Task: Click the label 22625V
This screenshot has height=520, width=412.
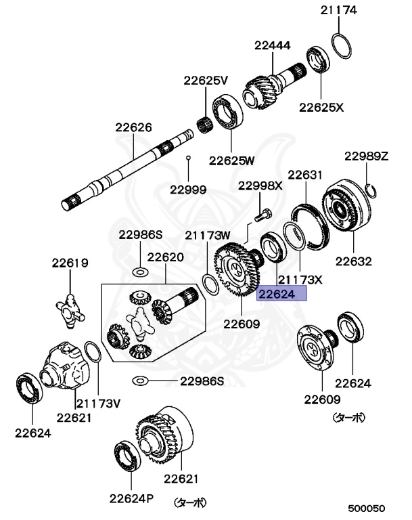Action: (x=205, y=81)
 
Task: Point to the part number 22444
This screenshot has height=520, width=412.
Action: (x=273, y=46)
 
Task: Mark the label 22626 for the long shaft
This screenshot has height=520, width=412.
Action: (x=133, y=127)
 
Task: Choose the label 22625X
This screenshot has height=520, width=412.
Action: (x=321, y=107)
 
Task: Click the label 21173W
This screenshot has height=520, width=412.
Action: (x=208, y=235)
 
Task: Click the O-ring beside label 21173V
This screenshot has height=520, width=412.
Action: (x=95, y=355)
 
